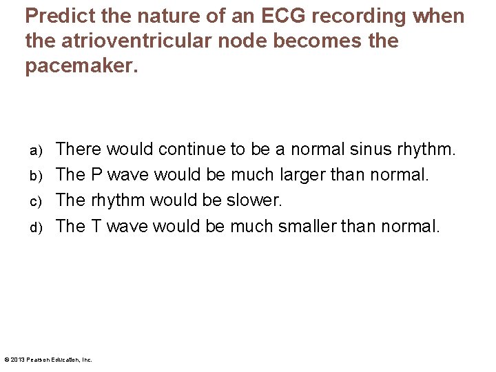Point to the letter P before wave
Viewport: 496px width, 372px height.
coord(96,174)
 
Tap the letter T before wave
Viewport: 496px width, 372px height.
coord(96,225)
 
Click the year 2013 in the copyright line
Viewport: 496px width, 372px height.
coord(19,360)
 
